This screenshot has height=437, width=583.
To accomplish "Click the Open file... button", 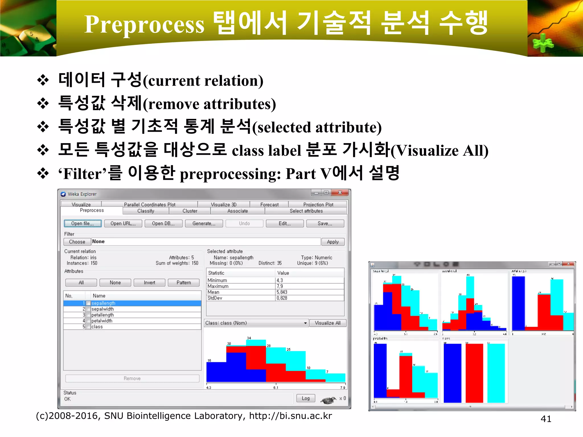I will click(x=83, y=223).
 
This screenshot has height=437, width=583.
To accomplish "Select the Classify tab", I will click(x=146, y=211).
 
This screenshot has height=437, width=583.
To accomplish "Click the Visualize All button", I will click(x=327, y=323).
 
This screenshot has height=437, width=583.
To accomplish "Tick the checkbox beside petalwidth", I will click(x=88, y=321).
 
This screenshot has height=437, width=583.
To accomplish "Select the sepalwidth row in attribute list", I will click(x=102, y=309).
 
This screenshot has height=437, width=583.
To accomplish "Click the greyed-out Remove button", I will click(x=132, y=378).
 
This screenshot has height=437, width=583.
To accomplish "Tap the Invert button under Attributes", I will click(x=149, y=283).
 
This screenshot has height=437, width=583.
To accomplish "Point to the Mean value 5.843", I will click(x=282, y=292).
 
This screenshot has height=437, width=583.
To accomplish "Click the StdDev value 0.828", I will click(x=282, y=298).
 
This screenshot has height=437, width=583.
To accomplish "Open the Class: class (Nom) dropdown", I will click(x=305, y=323).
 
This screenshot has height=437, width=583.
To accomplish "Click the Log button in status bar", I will click(x=305, y=398).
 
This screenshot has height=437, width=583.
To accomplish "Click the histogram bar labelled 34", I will click(x=256, y=361).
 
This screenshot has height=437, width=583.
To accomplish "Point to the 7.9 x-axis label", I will click(x=342, y=388).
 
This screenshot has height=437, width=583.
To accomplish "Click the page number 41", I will click(x=546, y=419).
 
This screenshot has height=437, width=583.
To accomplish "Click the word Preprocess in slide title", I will click(x=144, y=24).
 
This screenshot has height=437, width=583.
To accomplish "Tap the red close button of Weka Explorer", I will click(x=340, y=193).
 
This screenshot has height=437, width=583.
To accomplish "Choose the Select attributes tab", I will click(x=306, y=211).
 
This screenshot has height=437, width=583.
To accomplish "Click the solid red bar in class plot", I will click(x=474, y=373).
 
